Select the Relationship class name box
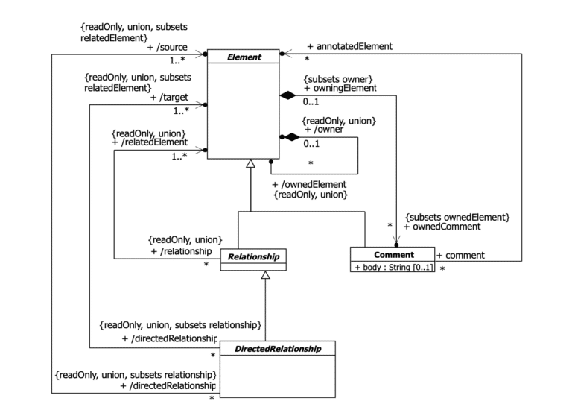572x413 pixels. [x=254, y=258]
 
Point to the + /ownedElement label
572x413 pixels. [x=310, y=184]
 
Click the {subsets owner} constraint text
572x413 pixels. [x=337, y=78]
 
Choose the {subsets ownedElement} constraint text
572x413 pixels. [x=457, y=217]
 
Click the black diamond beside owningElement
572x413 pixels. [x=287, y=95]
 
